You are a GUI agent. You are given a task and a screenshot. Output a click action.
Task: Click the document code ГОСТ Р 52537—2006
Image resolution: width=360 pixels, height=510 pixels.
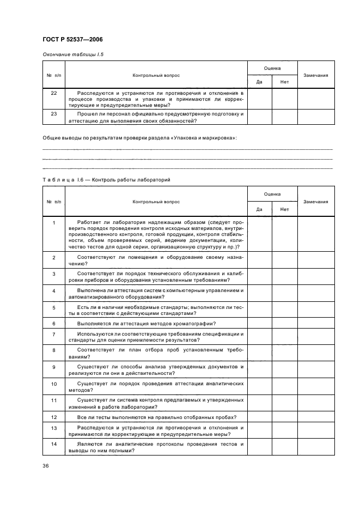(72, 40)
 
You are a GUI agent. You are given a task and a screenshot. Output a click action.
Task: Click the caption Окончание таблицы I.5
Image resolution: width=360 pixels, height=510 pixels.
(69, 55)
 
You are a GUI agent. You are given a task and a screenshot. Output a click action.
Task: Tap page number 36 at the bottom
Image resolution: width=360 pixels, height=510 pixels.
(46, 465)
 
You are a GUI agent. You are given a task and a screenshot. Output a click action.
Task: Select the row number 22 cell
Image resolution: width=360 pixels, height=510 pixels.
(53, 94)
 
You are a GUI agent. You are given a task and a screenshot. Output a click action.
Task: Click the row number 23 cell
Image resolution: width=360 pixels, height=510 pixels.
(53, 114)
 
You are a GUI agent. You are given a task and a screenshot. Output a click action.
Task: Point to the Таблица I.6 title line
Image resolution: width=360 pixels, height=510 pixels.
(107, 179)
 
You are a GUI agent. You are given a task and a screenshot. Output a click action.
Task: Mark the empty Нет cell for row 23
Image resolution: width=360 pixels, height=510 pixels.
(284, 117)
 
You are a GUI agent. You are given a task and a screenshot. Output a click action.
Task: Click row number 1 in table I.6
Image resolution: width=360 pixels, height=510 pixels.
(53, 223)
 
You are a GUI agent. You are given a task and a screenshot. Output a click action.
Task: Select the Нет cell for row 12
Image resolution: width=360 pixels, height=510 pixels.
(284, 417)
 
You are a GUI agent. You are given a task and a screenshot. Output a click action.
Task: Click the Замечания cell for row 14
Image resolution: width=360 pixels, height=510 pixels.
(315, 447)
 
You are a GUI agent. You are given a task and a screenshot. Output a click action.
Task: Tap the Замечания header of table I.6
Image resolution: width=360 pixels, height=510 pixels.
(315, 202)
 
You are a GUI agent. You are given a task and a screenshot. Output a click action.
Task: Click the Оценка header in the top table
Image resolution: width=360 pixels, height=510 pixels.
(272, 68)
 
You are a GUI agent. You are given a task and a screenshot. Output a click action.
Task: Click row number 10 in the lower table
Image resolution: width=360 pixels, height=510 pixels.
(53, 384)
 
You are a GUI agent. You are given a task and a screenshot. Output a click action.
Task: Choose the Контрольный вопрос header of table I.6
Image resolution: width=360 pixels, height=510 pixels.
(156, 202)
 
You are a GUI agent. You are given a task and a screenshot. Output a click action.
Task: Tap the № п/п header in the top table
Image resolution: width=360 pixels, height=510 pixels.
(53, 75)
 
